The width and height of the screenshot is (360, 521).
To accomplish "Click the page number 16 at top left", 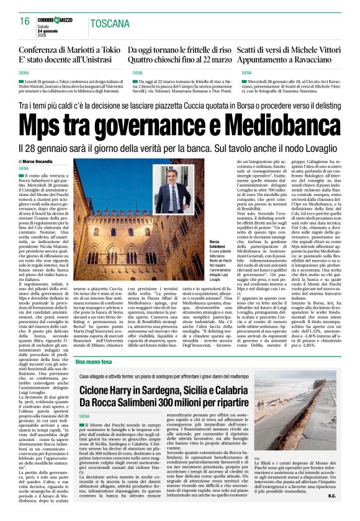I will click(25, 22).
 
